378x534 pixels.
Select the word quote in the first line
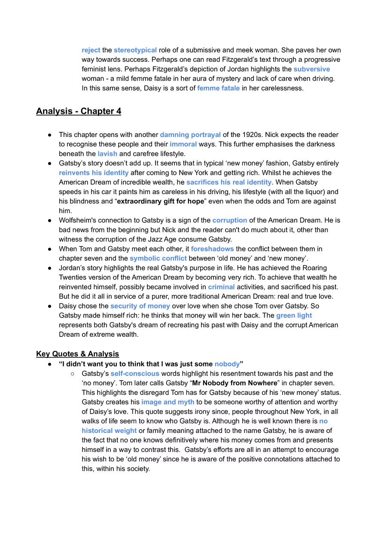pos(158,412)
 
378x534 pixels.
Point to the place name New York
pos(305,412)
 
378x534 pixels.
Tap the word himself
pos(94,449)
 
